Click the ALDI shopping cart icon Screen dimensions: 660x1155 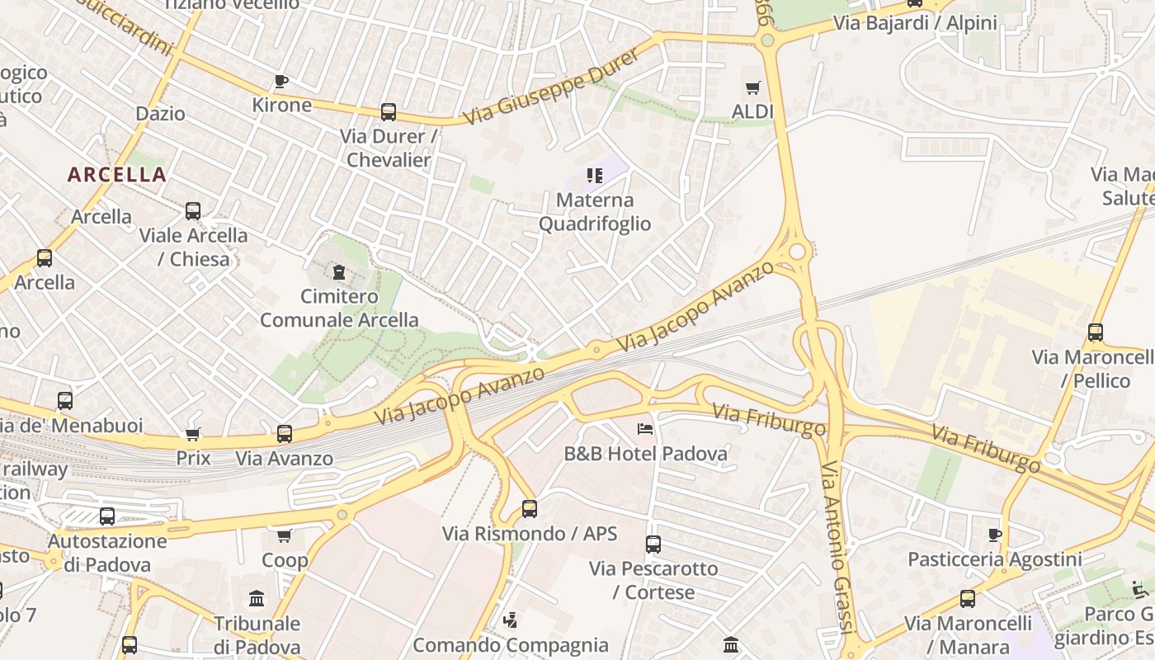(752, 87)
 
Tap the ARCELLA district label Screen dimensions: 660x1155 (117, 175)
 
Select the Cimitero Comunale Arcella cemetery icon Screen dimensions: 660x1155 (338, 271)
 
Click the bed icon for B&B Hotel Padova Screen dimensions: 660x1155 (645, 428)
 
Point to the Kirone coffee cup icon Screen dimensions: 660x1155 (280, 81)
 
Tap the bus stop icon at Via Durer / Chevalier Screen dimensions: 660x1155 (388, 112)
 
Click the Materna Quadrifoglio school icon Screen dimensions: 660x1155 (595, 175)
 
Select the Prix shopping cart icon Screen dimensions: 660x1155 (193, 434)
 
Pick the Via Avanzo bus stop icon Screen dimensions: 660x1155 (285, 434)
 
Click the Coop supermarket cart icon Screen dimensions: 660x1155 (285, 536)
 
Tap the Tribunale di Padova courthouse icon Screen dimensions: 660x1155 (257, 598)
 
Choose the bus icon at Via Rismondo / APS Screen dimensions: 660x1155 (530, 509)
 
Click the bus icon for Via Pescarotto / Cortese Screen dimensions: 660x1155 (653, 544)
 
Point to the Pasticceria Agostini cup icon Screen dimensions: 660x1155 (995, 535)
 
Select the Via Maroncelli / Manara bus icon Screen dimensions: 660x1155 (968, 599)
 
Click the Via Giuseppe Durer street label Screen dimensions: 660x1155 (550, 87)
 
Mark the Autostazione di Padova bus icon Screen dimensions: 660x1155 (107, 517)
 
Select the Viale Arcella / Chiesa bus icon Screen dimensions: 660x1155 (193, 211)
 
